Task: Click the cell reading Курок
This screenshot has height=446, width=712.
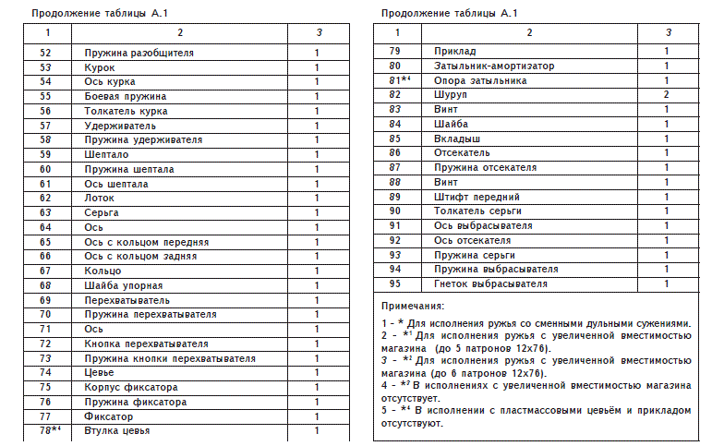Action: click(x=100, y=67)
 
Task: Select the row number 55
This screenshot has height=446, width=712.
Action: click(x=46, y=96)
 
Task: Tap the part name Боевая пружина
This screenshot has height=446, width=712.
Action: click(x=126, y=96)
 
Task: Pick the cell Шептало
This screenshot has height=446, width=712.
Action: click(x=105, y=154)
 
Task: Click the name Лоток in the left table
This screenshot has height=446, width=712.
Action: click(x=100, y=198)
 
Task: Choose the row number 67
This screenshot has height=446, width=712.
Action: click(x=46, y=271)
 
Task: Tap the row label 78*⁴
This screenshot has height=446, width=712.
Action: click(x=49, y=430)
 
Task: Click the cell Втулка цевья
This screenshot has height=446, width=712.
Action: click(x=117, y=430)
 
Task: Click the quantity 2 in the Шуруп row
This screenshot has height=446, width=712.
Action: click(x=666, y=94)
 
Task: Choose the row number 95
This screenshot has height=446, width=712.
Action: click(x=395, y=283)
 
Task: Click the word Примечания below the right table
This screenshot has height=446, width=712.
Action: click(x=413, y=305)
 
